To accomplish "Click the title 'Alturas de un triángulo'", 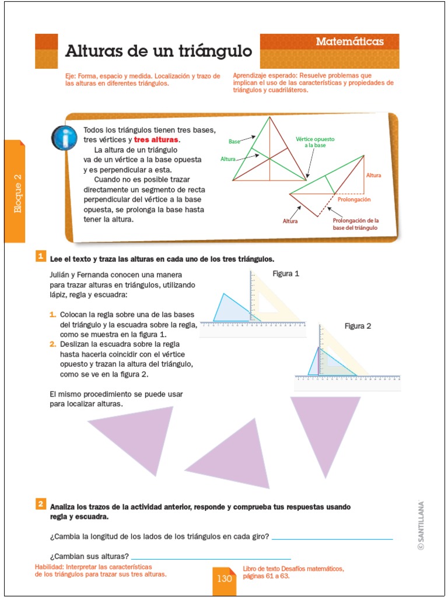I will click(158, 51).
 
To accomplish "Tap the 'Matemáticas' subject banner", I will click(349, 41).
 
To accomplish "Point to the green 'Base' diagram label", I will click(234, 142).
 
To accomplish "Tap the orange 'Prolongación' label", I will click(354, 200).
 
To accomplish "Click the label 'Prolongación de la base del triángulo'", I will click(355, 224).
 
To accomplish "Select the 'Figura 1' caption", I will click(286, 273).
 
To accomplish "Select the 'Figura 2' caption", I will click(358, 326).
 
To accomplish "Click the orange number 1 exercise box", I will click(40, 257).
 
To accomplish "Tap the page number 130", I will click(224, 579).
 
